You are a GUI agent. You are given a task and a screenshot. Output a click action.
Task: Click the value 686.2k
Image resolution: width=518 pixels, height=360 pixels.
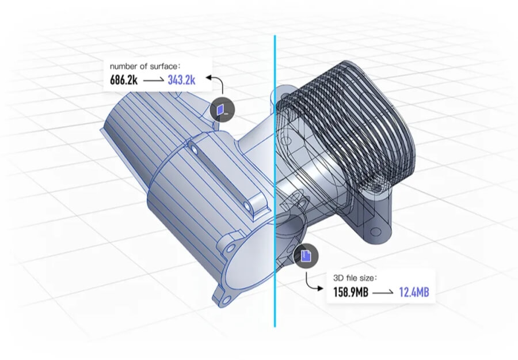click(x=123, y=80)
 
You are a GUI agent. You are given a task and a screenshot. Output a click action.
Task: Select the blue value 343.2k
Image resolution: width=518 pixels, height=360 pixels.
click(x=181, y=80)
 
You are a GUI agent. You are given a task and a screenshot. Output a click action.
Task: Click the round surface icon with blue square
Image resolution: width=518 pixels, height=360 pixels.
click(x=222, y=108)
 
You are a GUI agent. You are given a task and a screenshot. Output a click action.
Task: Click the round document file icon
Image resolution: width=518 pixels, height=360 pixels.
click(x=306, y=255)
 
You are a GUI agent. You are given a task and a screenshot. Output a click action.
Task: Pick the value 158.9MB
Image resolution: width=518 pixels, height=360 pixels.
click(x=351, y=293)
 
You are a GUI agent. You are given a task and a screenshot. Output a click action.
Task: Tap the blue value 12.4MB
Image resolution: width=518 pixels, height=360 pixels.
click(x=414, y=293)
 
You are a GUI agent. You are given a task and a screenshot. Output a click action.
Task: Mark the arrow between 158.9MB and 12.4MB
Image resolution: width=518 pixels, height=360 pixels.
click(x=383, y=293)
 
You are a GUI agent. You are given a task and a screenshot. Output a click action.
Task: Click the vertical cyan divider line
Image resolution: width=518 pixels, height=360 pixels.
click(x=275, y=173)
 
